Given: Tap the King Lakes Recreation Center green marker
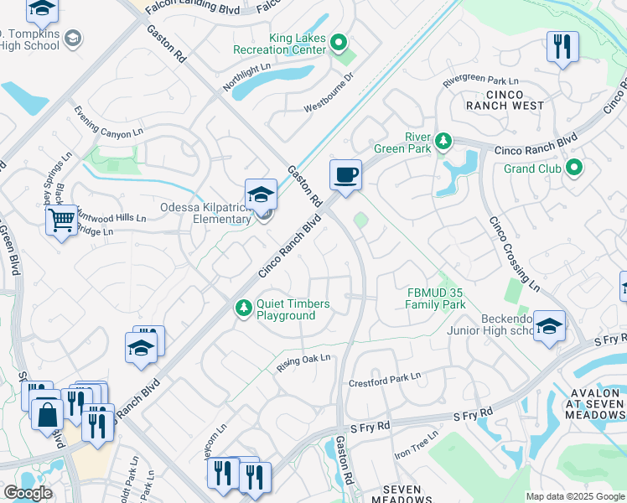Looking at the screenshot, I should pyautogui.click(x=339, y=42).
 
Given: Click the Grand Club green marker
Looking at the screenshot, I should pyautogui.click(x=574, y=168).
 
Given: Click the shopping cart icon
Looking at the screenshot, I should pyautogui.click(x=61, y=220).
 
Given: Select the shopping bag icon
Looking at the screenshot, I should pyautogui.click(x=47, y=413).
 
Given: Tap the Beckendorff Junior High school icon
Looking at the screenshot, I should pyautogui.click(x=549, y=326).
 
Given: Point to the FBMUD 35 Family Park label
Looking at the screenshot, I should pyautogui.click(x=435, y=298).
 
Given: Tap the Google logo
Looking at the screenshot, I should pyautogui.click(x=28, y=493).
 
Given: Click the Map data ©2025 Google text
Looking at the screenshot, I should pyautogui.click(x=574, y=496).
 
